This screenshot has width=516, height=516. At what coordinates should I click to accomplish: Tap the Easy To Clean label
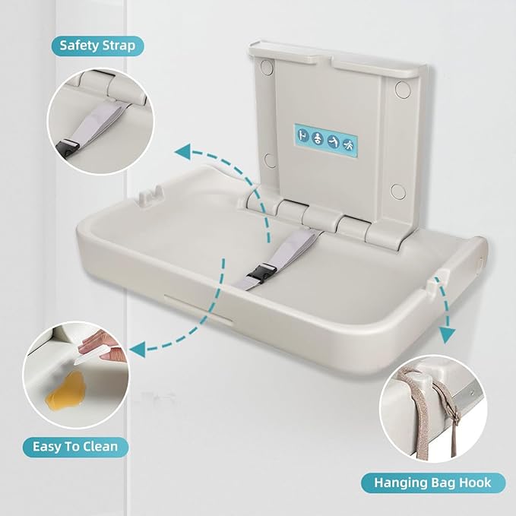tap(74, 445)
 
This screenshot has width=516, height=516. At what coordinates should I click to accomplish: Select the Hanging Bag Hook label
tap(432, 482)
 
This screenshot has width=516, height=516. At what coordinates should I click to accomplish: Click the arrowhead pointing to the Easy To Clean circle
tap(138, 349)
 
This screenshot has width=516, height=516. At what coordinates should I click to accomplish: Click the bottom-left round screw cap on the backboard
tap(268, 160)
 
